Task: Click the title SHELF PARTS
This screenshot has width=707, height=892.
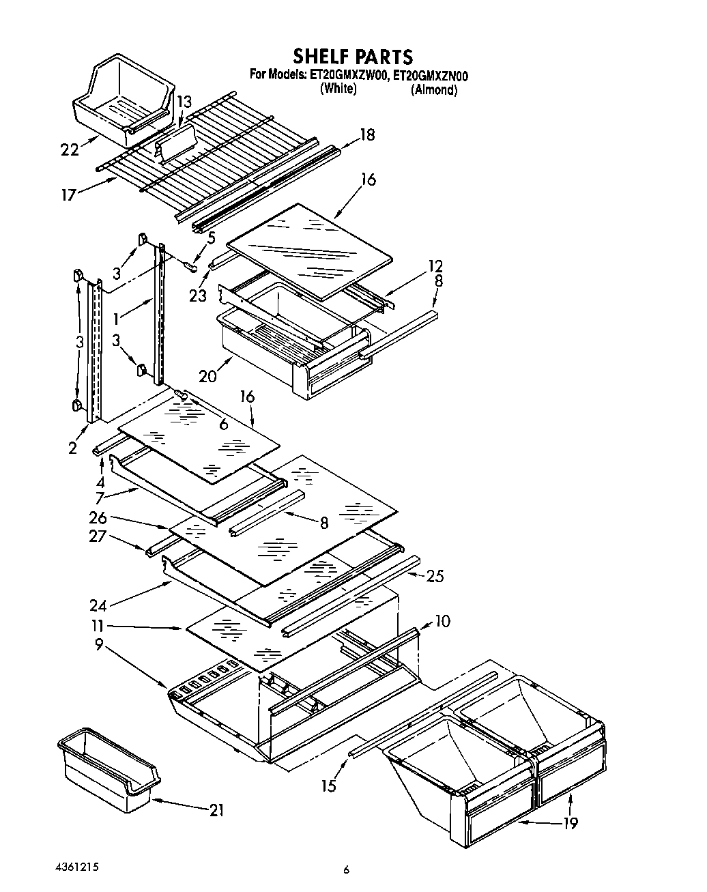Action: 353,55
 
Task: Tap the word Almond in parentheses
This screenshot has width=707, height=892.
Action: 433,90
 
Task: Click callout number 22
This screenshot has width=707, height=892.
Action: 70,149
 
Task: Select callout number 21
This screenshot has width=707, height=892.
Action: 216,810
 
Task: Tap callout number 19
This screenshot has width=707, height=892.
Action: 570,822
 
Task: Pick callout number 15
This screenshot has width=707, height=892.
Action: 329,786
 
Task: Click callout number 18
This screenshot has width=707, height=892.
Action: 367,134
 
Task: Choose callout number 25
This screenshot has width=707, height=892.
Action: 434,577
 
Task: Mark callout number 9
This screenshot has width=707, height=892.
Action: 100,643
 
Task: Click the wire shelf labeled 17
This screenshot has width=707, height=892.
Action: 205,164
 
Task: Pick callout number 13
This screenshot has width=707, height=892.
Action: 184,102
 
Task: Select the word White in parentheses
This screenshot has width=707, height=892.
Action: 338,89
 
